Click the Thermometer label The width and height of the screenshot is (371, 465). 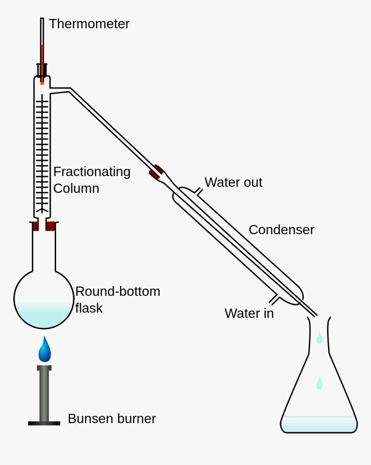click(x=89, y=24)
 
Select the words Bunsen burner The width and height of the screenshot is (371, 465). click(x=111, y=418)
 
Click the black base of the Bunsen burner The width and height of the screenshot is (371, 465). click(x=44, y=423)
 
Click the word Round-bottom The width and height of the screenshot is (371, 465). click(x=117, y=292)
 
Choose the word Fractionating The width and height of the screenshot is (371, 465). click(x=91, y=172)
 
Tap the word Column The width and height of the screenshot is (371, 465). click(x=76, y=189)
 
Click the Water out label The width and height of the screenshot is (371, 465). click(x=233, y=182)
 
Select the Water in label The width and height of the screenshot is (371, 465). click(x=249, y=313)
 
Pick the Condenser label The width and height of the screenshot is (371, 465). click(x=281, y=229)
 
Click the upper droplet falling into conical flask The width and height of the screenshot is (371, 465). click(x=319, y=338)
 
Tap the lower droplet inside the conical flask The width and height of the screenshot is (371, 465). click(x=319, y=383)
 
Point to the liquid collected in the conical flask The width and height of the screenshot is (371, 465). click(x=319, y=424)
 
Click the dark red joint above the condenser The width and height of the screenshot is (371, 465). click(x=156, y=172)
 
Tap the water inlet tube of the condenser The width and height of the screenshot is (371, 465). click(x=274, y=298)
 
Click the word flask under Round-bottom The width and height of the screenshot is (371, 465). click(x=89, y=308)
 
